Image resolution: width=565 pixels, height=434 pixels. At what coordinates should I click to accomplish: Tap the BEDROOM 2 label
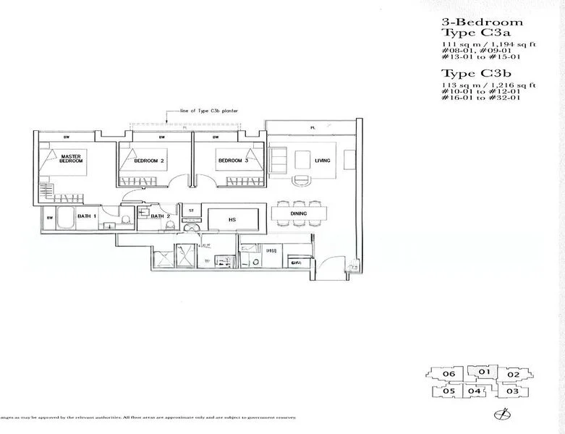[150, 161]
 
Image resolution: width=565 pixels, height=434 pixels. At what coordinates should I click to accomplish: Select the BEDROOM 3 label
[232, 161]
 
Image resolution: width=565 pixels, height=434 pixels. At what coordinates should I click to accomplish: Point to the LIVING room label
[322, 161]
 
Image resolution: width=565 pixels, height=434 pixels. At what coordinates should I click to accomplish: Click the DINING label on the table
[298, 213]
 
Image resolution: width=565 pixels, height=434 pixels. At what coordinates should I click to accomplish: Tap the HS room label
[232, 219]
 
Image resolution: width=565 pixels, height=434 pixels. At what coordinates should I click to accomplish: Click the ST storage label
[191, 210]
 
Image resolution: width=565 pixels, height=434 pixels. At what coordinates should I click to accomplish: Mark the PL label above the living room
[313, 127]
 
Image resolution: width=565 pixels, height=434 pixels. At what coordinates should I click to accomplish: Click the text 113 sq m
[461, 85]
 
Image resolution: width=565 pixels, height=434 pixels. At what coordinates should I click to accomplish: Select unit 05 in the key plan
[449, 391]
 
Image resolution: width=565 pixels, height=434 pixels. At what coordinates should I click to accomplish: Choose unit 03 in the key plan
[513, 391]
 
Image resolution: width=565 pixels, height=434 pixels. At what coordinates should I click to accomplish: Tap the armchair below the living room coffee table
[297, 179]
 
